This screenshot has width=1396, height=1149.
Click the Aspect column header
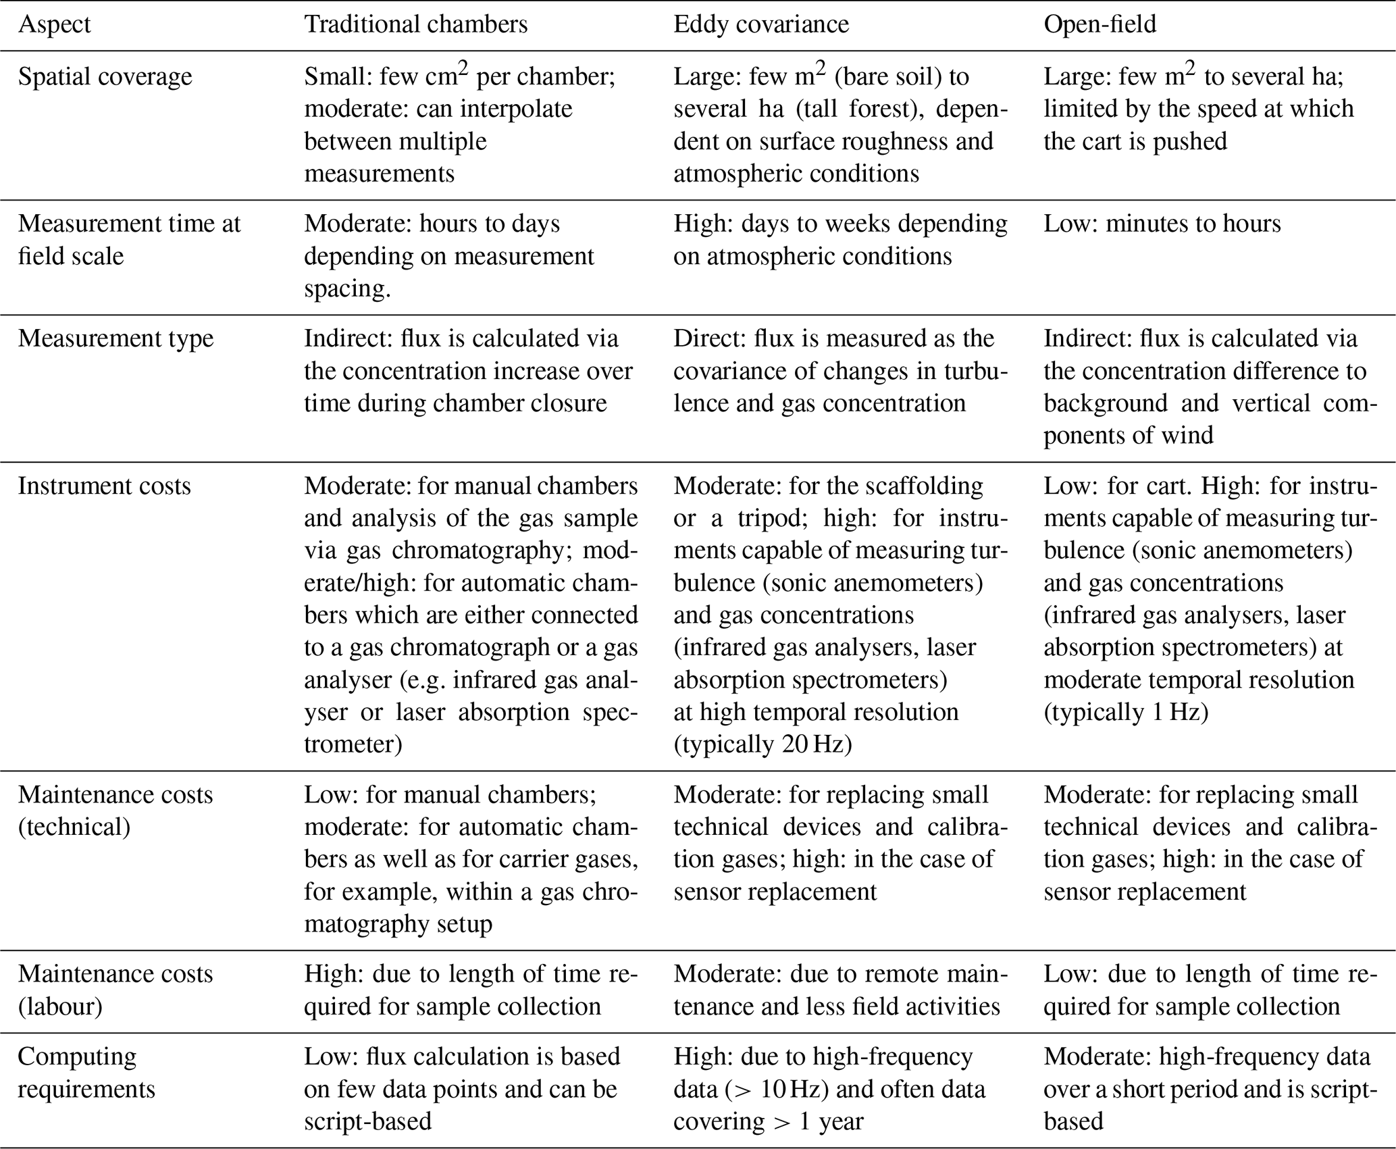click(54, 24)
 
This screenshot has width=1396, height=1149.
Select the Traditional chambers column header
click(415, 24)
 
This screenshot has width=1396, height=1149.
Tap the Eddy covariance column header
click(761, 24)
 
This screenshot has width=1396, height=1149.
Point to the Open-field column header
click(1100, 24)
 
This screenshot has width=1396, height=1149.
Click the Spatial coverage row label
click(105, 76)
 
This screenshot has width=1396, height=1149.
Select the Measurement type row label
click(115, 338)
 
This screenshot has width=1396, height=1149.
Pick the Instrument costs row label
click(104, 486)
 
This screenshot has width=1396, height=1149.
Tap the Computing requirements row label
click(86, 1073)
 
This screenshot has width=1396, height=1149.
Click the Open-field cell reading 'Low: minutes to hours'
click(1162, 224)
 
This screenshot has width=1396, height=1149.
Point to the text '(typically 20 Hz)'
click(762, 744)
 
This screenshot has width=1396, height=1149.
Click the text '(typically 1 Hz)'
click(1126, 712)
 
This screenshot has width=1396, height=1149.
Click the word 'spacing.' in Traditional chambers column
click(347, 288)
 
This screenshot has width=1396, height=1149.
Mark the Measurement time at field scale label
click(129, 240)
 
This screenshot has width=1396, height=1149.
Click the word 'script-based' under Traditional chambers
click(367, 1121)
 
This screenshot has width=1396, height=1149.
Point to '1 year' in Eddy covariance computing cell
click(831, 1121)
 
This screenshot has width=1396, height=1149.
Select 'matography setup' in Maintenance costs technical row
click(398, 923)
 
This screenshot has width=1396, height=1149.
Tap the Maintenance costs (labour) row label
click(115, 990)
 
